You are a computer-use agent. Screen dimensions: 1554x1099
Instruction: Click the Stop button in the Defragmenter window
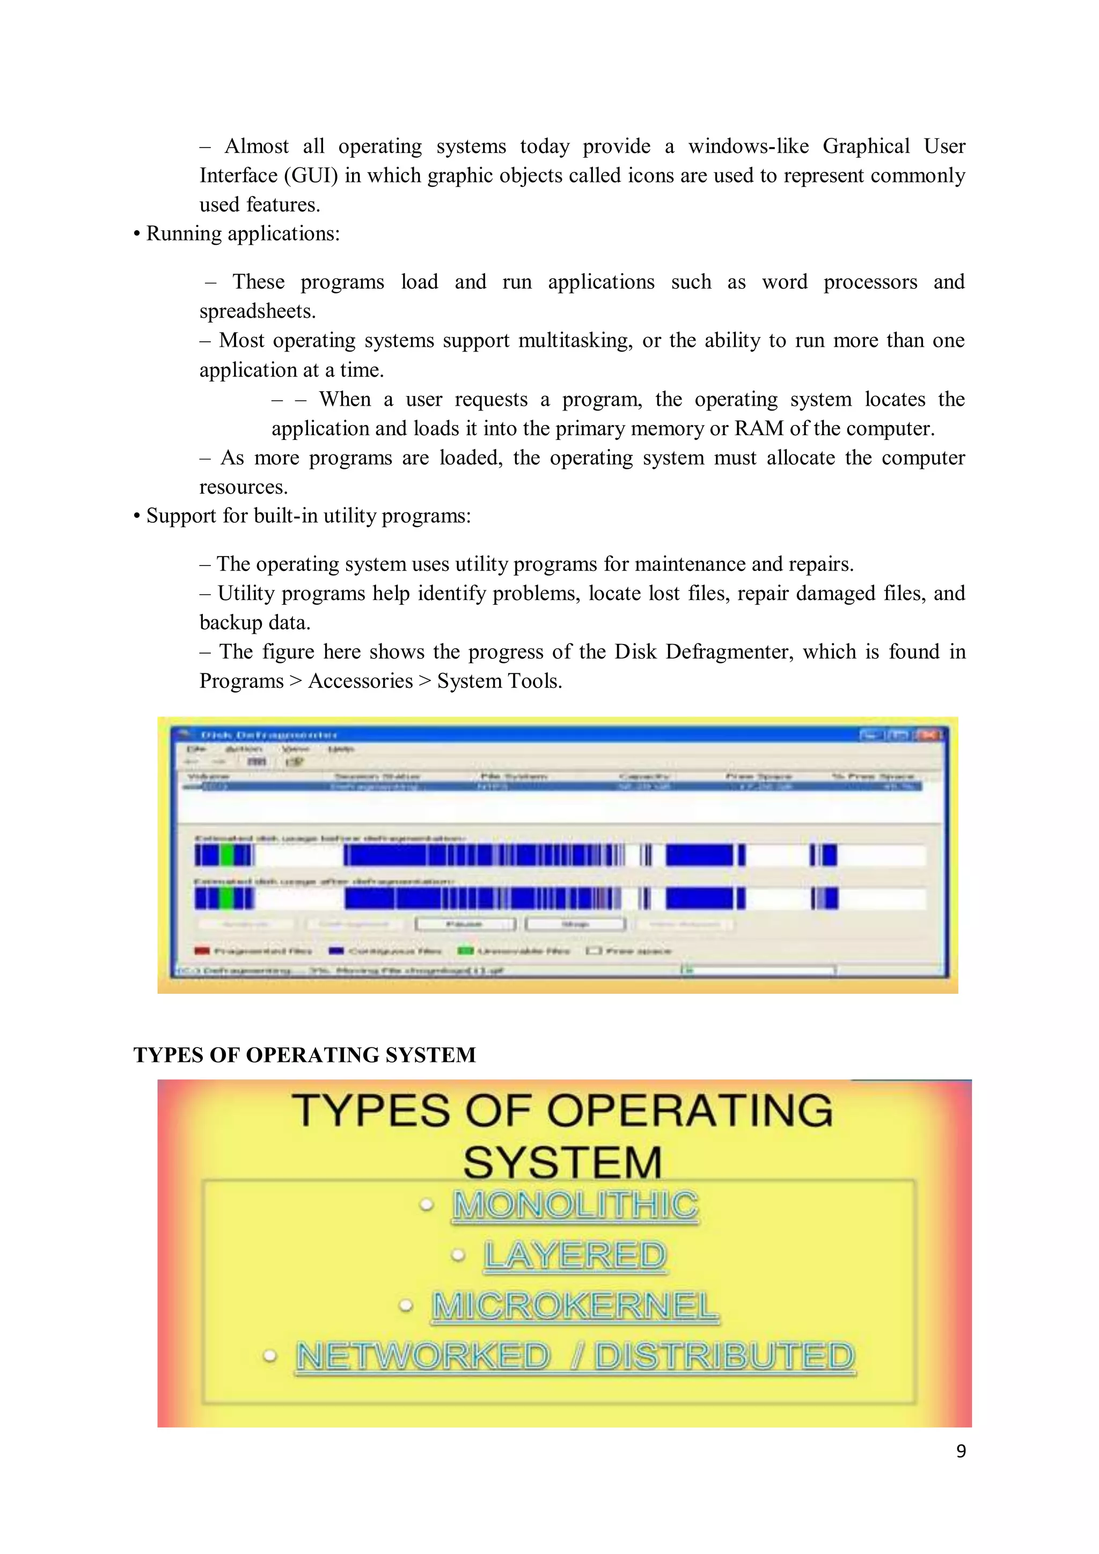pyautogui.click(x=575, y=924)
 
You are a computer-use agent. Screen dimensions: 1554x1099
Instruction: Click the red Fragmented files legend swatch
pyautogui.click(x=202, y=951)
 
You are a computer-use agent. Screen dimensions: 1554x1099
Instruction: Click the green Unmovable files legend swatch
pyautogui.click(x=465, y=951)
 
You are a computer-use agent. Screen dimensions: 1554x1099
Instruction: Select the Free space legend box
pyautogui.click(x=594, y=951)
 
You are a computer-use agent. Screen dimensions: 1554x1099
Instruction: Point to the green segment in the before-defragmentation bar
pyautogui.click(x=228, y=855)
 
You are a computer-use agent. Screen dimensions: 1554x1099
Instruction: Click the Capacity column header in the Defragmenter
pyautogui.click(x=644, y=776)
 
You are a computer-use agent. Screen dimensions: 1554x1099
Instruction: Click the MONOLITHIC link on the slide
pyautogui.click(x=575, y=1205)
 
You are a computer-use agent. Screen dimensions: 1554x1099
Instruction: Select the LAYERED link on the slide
pyautogui.click(x=575, y=1256)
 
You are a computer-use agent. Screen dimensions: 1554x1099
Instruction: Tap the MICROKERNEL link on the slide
pyautogui.click(x=575, y=1306)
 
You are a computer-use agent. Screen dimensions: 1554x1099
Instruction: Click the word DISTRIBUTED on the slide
pyautogui.click(x=725, y=1357)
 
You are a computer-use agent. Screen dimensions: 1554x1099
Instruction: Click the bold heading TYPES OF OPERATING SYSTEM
pyautogui.click(x=304, y=1055)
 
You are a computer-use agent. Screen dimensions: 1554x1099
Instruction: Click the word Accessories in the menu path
pyautogui.click(x=360, y=681)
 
